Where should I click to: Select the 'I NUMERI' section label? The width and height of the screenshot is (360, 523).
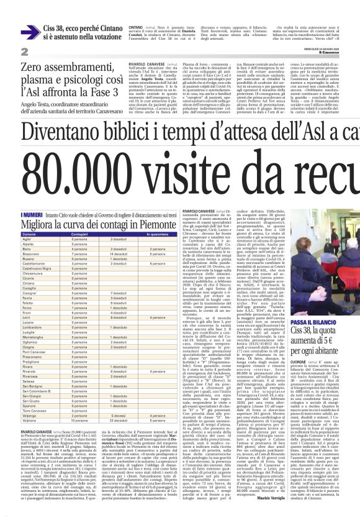32,197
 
